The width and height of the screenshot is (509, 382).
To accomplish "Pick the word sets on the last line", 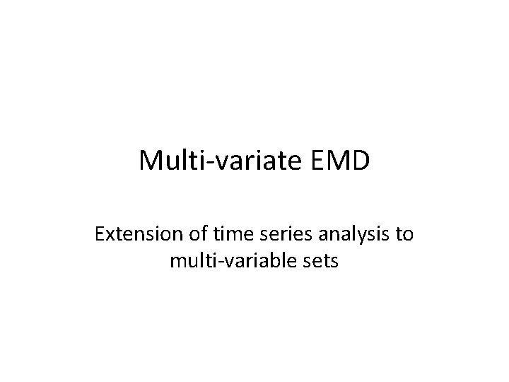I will point(321,261).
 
